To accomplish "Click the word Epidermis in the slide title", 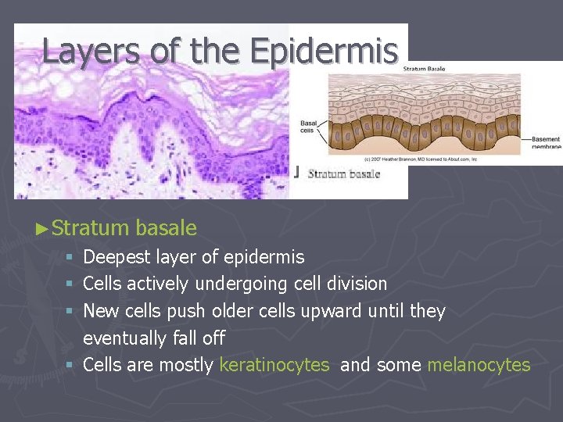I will [x=325, y=51].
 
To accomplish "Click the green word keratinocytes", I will [x=274, y=365].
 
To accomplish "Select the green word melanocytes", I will [x=479, y=365].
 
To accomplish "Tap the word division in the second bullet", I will [x=353, y=283].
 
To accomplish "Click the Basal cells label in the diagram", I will [x=309, y=126].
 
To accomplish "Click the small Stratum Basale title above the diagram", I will [x=425, y=69].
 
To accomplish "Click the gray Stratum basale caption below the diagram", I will [x=343, y=173].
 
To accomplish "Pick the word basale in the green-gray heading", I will [x=166, y=228].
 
